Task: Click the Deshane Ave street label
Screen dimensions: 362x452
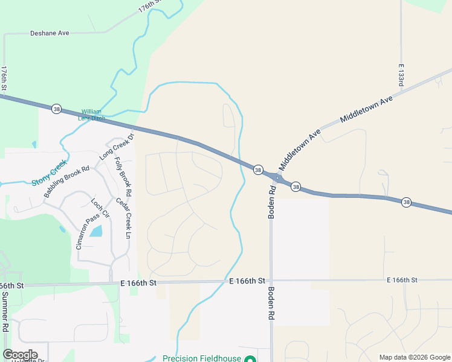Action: click(50, 33)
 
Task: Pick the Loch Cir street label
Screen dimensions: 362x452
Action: click(100, 208)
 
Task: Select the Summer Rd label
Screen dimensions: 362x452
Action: click(5, 313)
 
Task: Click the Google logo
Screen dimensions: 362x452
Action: click(20, 355)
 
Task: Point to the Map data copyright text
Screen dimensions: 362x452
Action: click(415, 357)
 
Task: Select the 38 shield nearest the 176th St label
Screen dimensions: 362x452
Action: click(56, 109)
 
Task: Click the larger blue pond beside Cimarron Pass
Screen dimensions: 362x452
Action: click(96, 230)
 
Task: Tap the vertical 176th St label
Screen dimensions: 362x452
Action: click(4, 78)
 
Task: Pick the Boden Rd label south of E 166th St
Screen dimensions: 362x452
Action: click(271, 303)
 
